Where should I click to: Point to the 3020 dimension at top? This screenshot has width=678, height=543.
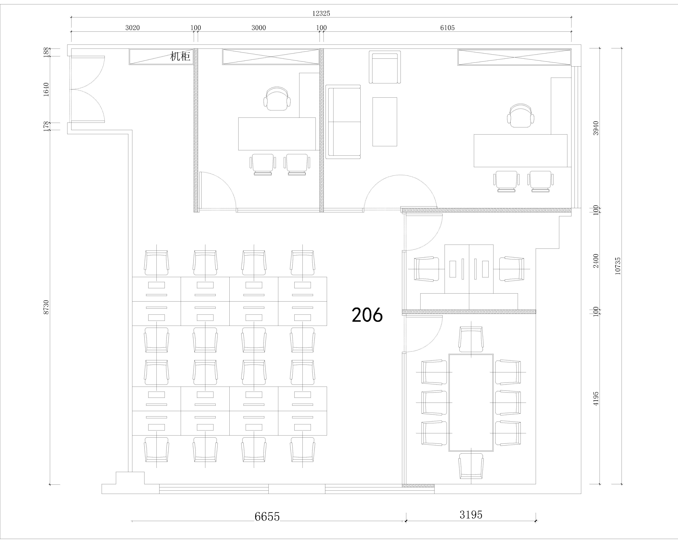132,28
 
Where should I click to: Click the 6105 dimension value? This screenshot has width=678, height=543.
447,28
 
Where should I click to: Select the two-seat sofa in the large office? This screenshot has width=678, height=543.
343,122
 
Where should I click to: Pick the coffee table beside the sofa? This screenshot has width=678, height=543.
385,122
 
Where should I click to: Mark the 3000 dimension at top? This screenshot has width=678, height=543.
258,28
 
